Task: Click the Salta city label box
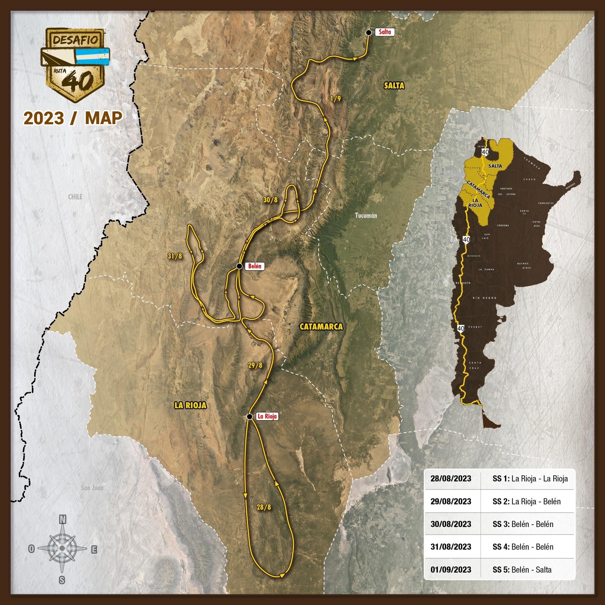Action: tap(385, 32)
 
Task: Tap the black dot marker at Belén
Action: tap(239, 266)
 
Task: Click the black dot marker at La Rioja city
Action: tap(249, 416)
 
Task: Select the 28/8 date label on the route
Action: tap(264, 507)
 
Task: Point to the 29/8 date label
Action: tap(255, 365)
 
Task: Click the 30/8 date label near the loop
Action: tap(270, 200)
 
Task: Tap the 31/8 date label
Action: tap(175, 256)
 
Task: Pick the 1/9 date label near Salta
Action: tap(335, 99)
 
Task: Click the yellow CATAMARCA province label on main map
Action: tap(321, 327)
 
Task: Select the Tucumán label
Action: tap(366, 215)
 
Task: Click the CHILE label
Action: tap(75, 197)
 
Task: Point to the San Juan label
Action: tap(92, 487)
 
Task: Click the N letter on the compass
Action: tap(63, 520)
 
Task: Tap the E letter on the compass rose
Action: tap(94, 549)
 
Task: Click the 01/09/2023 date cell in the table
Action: tap(450, 569)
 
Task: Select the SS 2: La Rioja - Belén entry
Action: tap(526, 501)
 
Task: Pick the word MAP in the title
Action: tap(103, 118)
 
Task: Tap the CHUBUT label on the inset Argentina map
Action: tap(475, 327)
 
